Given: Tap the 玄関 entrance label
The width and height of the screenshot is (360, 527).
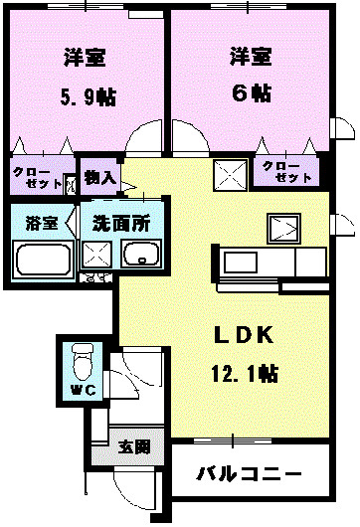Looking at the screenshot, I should point(130,446).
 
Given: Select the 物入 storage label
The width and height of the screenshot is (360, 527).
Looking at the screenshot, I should point(99,179).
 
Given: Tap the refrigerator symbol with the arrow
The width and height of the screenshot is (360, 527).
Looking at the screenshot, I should point(285,228).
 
